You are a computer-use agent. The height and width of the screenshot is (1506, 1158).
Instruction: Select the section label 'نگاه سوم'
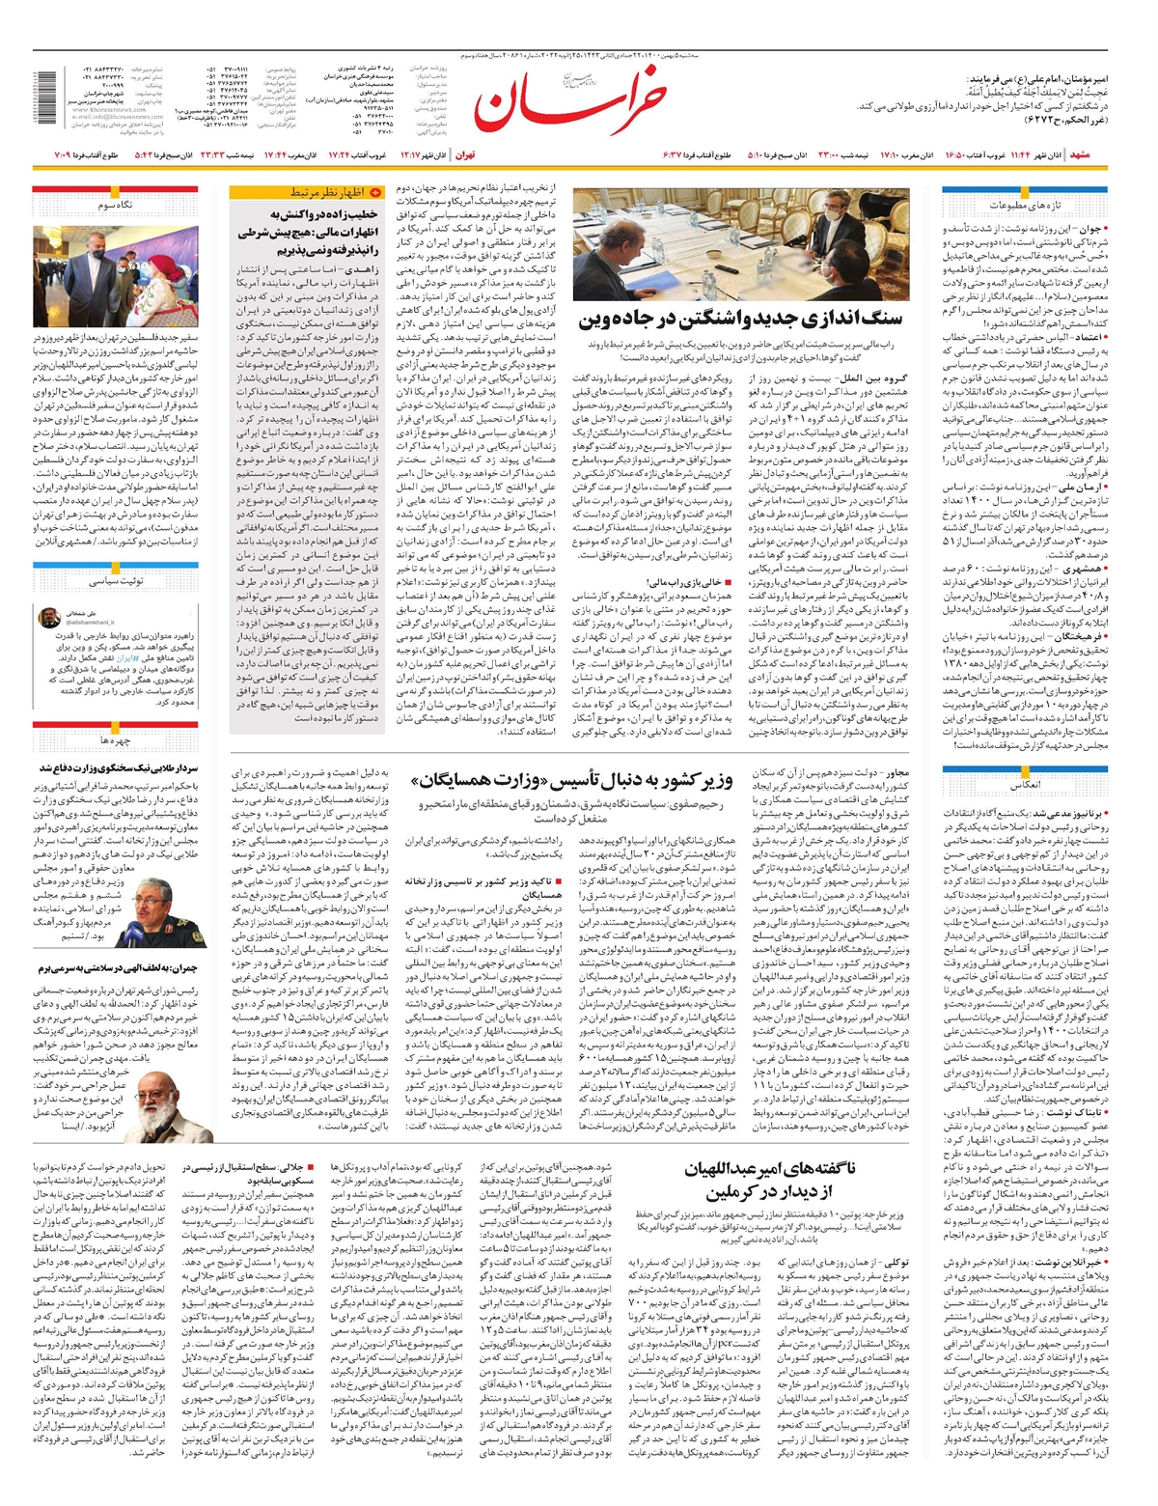point(115,206)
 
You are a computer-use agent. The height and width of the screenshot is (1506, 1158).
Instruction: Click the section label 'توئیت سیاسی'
point(116,582)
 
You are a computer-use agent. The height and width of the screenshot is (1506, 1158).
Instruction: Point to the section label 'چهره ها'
point(116,740)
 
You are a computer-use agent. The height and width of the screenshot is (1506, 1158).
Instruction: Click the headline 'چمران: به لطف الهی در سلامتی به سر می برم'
point(117,967)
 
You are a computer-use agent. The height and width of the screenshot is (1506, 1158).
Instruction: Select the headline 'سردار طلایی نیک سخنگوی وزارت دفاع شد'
point(117,768)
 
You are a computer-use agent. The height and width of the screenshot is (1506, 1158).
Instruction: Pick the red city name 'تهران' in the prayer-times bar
point(466,154)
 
